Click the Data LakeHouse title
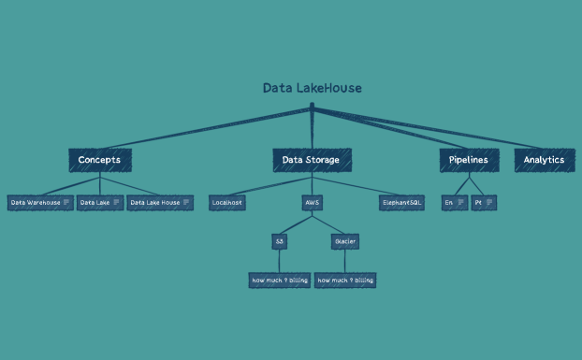click(312, 88)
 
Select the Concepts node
click(99, 160)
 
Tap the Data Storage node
click(312, 160)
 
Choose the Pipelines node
click(469, 160)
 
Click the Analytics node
click(544, 160)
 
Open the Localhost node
click(227, 202)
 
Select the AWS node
click(312, 202)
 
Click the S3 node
click(279, 241)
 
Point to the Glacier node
click(344, 241)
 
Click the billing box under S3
click(279, 280)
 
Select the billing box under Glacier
click(344, 280)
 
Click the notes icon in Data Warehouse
click(66, 202)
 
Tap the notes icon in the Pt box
click(489, 202)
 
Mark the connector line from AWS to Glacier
click(328, 223)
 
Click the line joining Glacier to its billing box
click(344, 261)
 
